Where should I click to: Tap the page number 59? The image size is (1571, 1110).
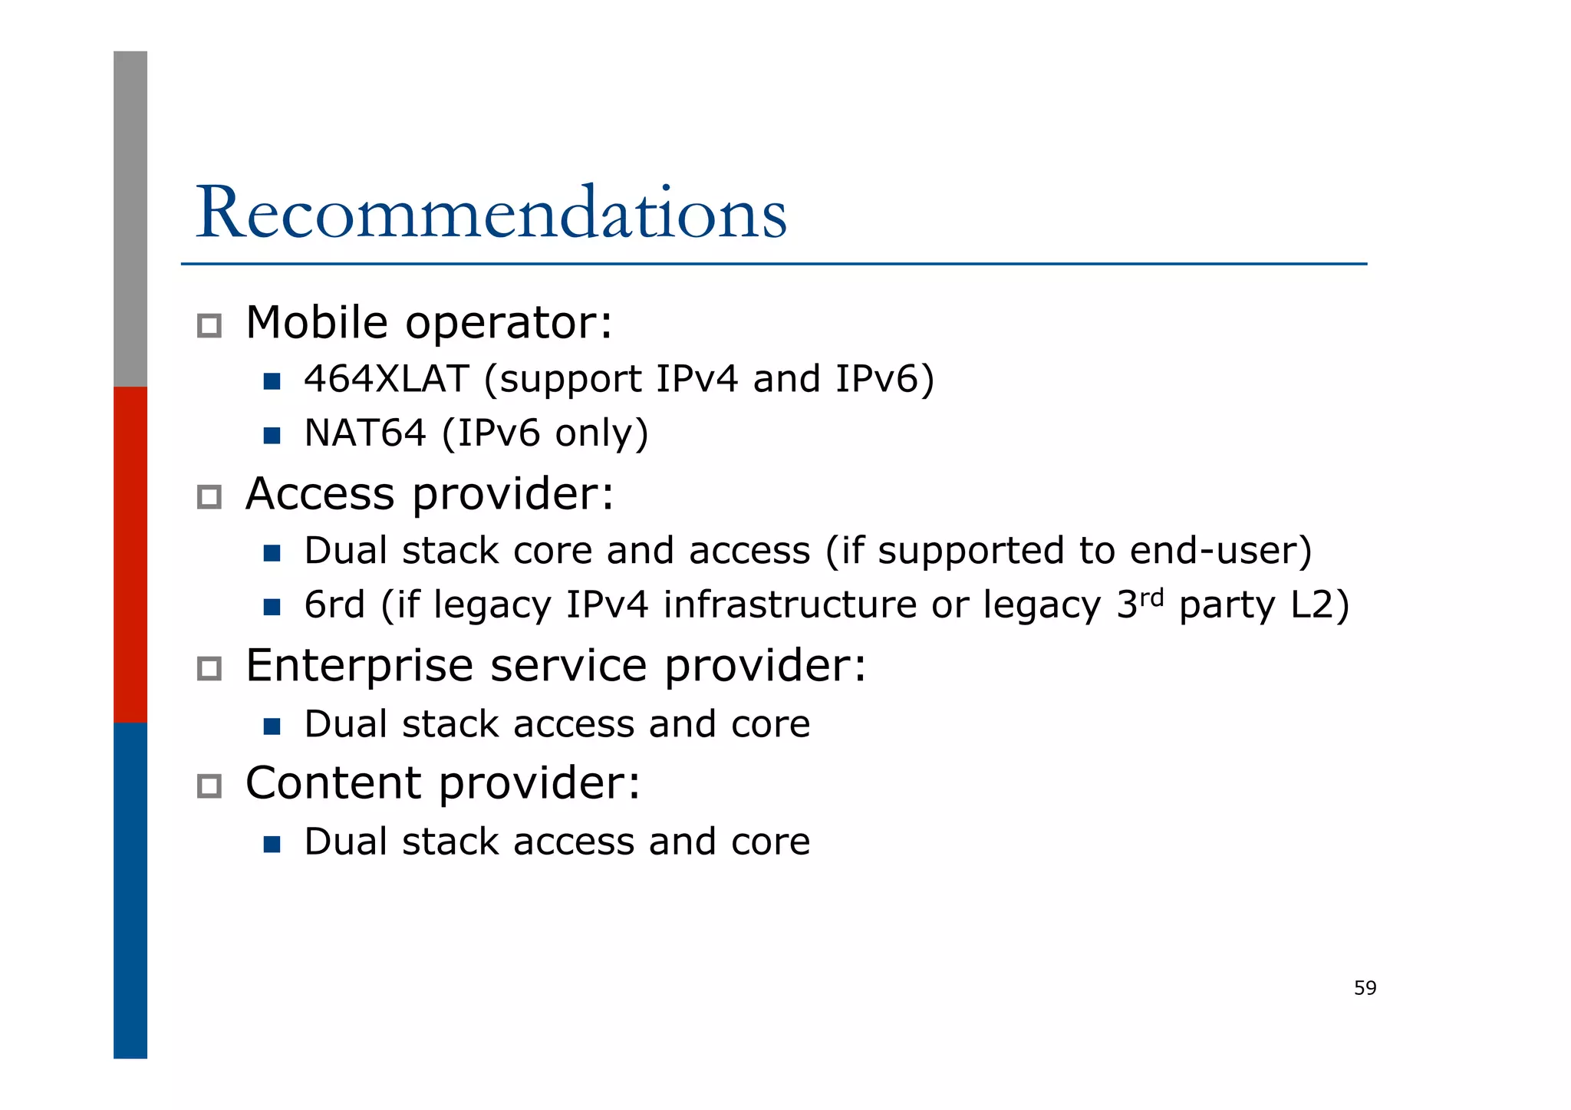coord(1365,988)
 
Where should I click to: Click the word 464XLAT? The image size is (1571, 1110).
coord(386,379)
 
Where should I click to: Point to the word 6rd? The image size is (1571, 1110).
coord(334,604)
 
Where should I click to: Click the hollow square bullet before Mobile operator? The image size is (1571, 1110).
coord(209,326)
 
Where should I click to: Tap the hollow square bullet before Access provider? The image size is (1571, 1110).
coord(209,497)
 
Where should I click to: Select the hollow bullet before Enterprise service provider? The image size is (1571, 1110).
coord(209,668)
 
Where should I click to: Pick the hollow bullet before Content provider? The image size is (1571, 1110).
coord(209,786)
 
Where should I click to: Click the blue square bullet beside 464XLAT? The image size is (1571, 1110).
coord(272,381)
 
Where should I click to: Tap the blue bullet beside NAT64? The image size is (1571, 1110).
coord(272,436)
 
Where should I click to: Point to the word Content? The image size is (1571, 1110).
coord(333,783)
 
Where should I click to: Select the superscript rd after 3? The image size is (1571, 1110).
coord(1152,596)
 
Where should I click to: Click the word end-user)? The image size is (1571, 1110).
coord(1220,551)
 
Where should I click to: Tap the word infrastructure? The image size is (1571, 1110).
coord(790,604)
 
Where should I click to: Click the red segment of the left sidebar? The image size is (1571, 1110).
coord(130,554)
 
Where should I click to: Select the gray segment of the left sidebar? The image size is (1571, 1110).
coord(130,219)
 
